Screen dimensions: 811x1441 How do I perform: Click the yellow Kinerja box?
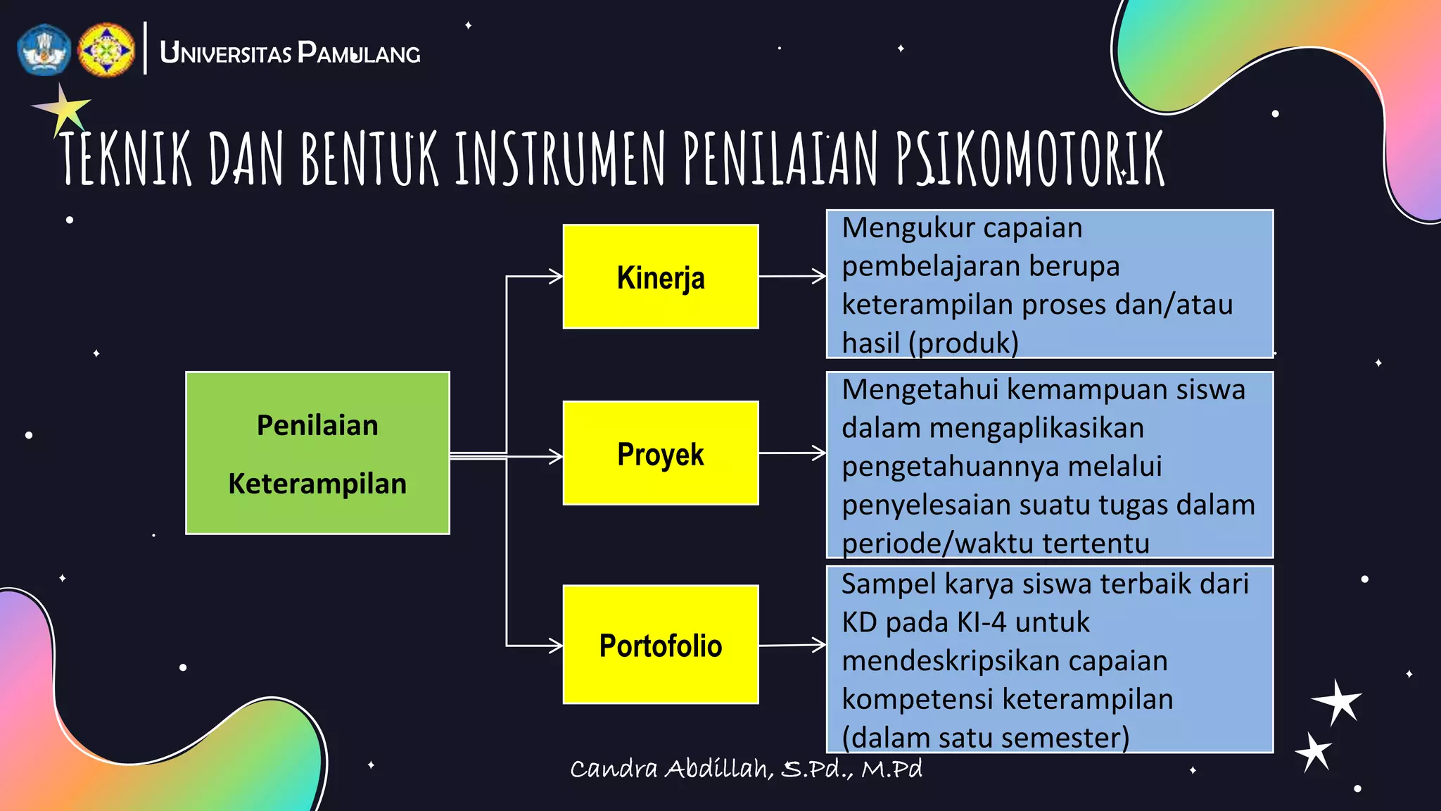click(x=660, y=277)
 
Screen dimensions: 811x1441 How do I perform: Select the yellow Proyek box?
click(x=660, y=453)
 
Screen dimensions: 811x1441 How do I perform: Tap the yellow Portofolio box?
click(x=660, y=645)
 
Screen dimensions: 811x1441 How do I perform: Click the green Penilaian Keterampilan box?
click(x=317, y=453)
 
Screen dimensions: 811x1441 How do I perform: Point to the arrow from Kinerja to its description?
click(x=792, y=276)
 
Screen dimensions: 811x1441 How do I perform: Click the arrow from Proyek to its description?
click(x=792, y=453)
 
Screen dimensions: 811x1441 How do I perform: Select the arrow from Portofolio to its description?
click(x=792, y=645)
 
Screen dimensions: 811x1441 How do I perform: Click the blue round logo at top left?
click(x=44, y=50)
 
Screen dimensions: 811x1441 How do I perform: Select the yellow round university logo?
click(x=106, y=50)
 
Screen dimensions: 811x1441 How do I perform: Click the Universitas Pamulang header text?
click(x=290, y=53)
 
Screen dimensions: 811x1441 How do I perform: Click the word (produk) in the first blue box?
click(x=963, y=343)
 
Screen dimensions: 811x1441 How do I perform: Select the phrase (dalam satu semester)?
click(x=985, y=737)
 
